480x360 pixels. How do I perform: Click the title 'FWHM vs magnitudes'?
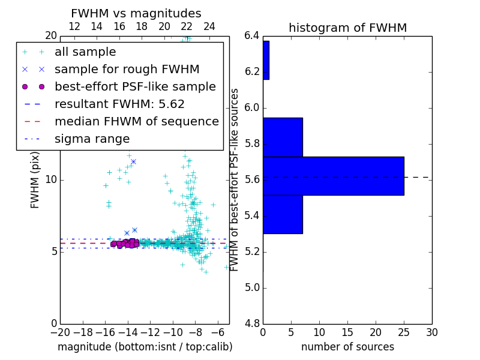coord(136,13)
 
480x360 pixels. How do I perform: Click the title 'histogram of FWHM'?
coord(347,28)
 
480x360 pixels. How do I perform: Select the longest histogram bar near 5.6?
coord(333,176)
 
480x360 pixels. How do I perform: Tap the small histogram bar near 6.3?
coord(266,60)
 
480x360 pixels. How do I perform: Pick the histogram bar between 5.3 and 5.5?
coord(283,214)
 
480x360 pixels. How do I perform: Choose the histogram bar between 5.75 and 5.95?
coord(283,137)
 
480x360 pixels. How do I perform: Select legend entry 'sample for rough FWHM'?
coord(127,70)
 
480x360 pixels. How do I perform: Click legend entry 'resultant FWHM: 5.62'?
coord(119,104)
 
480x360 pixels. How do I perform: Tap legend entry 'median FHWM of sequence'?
coord(136,122)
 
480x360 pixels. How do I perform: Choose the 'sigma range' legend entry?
coord(92,139)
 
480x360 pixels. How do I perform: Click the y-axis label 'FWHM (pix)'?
coord(35,180)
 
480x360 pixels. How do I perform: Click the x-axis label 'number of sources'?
coord(347,347)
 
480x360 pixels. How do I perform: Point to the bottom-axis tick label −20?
coord(59,332)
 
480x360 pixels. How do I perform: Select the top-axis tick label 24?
coord(209,26)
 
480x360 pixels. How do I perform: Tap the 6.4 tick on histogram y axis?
coord(252,36)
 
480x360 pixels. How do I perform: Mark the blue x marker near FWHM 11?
coord(133,161)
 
